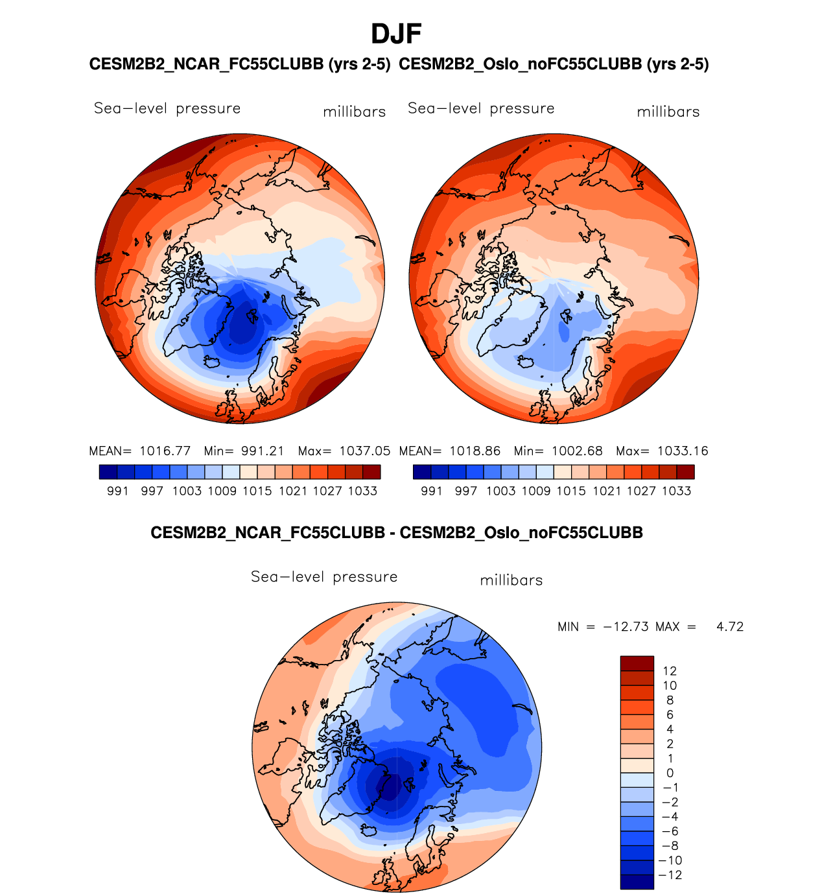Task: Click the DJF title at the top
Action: (396, 34)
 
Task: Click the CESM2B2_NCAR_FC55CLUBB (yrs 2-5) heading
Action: (240, 64)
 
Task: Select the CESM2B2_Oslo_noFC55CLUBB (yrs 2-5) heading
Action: (554, 64)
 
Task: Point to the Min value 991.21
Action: (263, 451)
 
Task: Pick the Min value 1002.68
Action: (577, 451)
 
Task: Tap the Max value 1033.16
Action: (683, 451)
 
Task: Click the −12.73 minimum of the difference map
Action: (626, 627)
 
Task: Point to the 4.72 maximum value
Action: (730, 627)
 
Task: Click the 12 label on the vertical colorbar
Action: (670, 671)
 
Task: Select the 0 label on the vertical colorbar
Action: (670, 773)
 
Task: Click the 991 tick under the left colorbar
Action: (118, 491)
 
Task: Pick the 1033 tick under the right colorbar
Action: (677, 491)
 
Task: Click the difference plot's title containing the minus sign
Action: (397, 533)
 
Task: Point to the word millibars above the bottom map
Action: (511, 580)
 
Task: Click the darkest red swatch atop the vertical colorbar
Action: (637, 663)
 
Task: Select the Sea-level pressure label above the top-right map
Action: (481, 108)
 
